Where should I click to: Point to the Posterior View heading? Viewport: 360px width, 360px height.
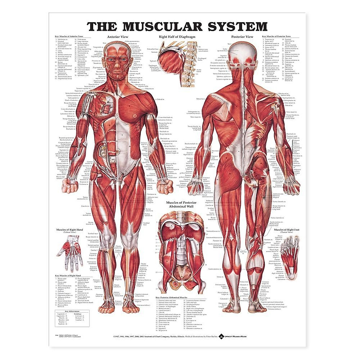pos(242,37)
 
